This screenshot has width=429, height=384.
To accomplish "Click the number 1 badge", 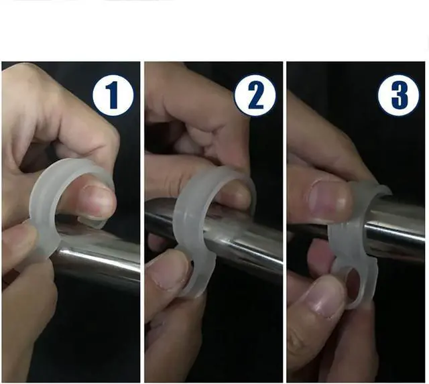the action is [113, 95].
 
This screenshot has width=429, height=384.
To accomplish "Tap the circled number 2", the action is [255, 95].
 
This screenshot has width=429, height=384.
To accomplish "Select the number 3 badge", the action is [398, 95].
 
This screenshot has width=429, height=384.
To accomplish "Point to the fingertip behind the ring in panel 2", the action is [235, 196].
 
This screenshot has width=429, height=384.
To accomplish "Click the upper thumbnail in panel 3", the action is [330, 199].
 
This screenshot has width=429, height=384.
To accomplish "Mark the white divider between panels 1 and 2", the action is [142, 222].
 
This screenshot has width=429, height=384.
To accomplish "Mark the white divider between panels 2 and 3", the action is [285, 222].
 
